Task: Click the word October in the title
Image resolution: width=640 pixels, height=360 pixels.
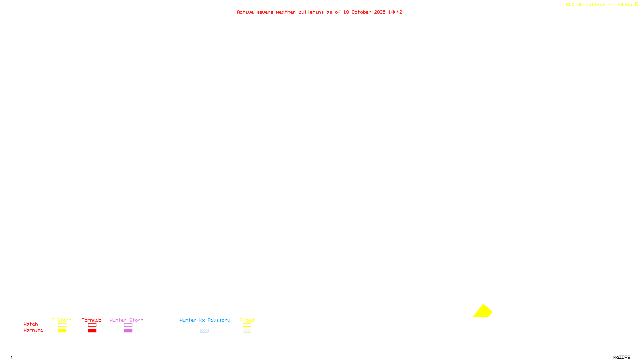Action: pyautogui.click(x=361, y=12)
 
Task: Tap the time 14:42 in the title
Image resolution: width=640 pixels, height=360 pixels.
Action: pyautogui.click(x=395, y=12)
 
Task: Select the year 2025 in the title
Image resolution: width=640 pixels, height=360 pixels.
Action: pyautogui.click(x=380, y=12)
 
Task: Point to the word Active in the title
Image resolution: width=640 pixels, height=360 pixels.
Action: pyautogui.click(x=245, y=12)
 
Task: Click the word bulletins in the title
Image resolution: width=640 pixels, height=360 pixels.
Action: pyautogui.click(x=311, y=12)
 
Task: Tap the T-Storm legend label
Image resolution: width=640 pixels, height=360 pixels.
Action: pyautogui.click(x=62, y=320)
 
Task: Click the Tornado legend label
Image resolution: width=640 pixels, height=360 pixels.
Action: pyautogui.click(x=92, y=320)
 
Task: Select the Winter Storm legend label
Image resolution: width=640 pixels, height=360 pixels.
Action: pyautogui.click(x=126, y=320)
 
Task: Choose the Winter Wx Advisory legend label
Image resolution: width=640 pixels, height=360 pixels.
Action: pyautogui.click(x=205, y=320)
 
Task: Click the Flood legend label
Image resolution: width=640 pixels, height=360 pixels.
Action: pyautogui.click(x=247, y=320)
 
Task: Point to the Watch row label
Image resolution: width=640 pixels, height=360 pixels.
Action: pyautogui.click(x=31, y=324)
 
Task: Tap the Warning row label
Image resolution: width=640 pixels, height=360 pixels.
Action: pyautogui.click(x=33, y=330)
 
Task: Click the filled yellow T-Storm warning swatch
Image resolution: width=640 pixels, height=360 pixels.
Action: pyautogui.click(x=62, y=331)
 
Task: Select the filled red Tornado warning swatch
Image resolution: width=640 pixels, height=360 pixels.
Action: pyautogui.click(x=92, y=331)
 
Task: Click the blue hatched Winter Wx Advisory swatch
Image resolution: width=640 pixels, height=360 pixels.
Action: pyautogui.click(x=204, y=331)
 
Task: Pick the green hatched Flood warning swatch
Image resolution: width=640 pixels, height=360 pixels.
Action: pyautogui.click(x=247, y=331)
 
